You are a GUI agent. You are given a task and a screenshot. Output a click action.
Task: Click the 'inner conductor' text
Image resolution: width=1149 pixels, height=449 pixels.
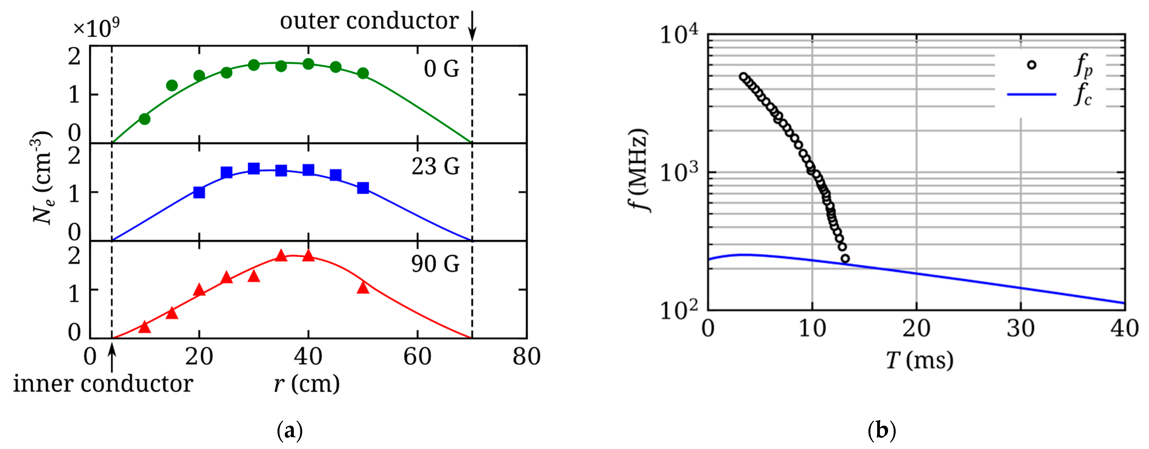(x=103, y=384)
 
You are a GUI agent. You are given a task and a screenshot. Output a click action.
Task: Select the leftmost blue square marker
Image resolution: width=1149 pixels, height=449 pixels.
(x=199, y=192)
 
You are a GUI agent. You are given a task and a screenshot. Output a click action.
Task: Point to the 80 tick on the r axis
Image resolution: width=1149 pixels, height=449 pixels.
(x=526, y=357)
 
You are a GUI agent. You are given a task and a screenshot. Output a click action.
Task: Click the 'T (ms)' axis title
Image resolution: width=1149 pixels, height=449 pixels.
(x=919, y=360)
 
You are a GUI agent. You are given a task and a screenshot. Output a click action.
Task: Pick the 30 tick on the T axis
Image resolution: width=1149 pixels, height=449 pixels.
(x=1021, y=328)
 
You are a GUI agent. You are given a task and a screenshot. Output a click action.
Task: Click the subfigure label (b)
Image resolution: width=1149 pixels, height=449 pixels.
(x=882, y=431)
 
